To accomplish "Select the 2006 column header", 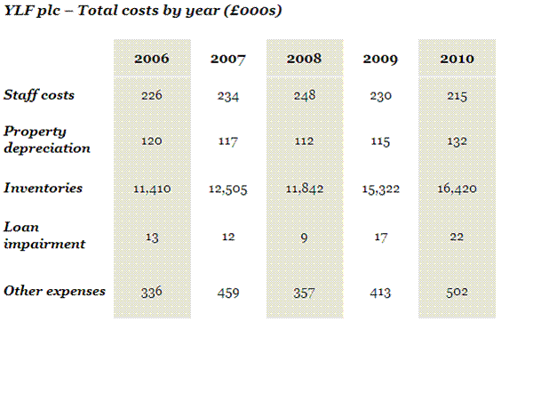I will coord(151,60).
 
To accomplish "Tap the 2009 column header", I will coord(380,60).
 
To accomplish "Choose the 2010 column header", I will coord(457,60).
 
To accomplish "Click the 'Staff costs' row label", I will coord(39,95).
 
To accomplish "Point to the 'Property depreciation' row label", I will coord(47,140).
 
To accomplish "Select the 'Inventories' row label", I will coord(44,189).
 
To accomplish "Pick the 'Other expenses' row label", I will coord(54,291).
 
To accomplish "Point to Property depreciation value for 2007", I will coord(227,141).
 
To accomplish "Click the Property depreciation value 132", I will coord(457,141).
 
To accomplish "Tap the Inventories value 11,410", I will coord(151,189).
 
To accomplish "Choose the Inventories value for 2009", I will coord(380,189).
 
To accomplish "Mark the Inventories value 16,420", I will coord(457,189).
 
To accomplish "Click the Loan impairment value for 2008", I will coord(304,237).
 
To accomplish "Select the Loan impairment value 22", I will coord(457,237).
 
